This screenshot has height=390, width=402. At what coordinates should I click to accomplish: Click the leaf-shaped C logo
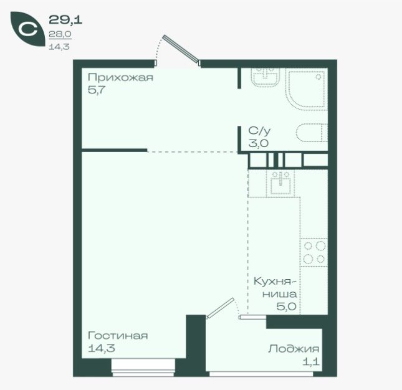click(27, 29)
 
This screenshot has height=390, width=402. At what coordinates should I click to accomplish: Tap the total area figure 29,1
click(65, 20)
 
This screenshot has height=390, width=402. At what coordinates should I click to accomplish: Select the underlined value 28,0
click(60, 34)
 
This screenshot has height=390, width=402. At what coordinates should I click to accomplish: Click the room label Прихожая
click(120, 77)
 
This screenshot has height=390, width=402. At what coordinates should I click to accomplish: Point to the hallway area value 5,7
click(97, 90)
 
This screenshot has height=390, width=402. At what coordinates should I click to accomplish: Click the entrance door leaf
click(181, 49)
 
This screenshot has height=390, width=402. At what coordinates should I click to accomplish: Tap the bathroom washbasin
click(266, 77)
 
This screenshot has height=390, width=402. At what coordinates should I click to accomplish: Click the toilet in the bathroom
click(312, 133)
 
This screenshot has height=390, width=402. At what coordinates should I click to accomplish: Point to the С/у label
click(259, 131)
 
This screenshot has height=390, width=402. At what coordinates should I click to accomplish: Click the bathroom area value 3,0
click(259, 143)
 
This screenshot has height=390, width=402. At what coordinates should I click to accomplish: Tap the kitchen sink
click(280, 183)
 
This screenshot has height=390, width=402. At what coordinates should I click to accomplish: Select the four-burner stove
click(314, 252)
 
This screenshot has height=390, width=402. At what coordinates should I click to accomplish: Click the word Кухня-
click(275, 282)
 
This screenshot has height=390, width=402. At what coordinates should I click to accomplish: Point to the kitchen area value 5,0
click(286, 307)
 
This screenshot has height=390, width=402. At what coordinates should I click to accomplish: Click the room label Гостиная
click(118, 335)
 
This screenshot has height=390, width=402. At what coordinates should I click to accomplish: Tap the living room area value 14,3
click(101, 348)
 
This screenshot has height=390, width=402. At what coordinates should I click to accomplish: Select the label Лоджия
click(294, 349)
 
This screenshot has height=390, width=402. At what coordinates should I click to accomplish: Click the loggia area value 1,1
click(311, 362)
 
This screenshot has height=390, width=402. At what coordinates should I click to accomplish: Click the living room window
click(143, 368)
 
